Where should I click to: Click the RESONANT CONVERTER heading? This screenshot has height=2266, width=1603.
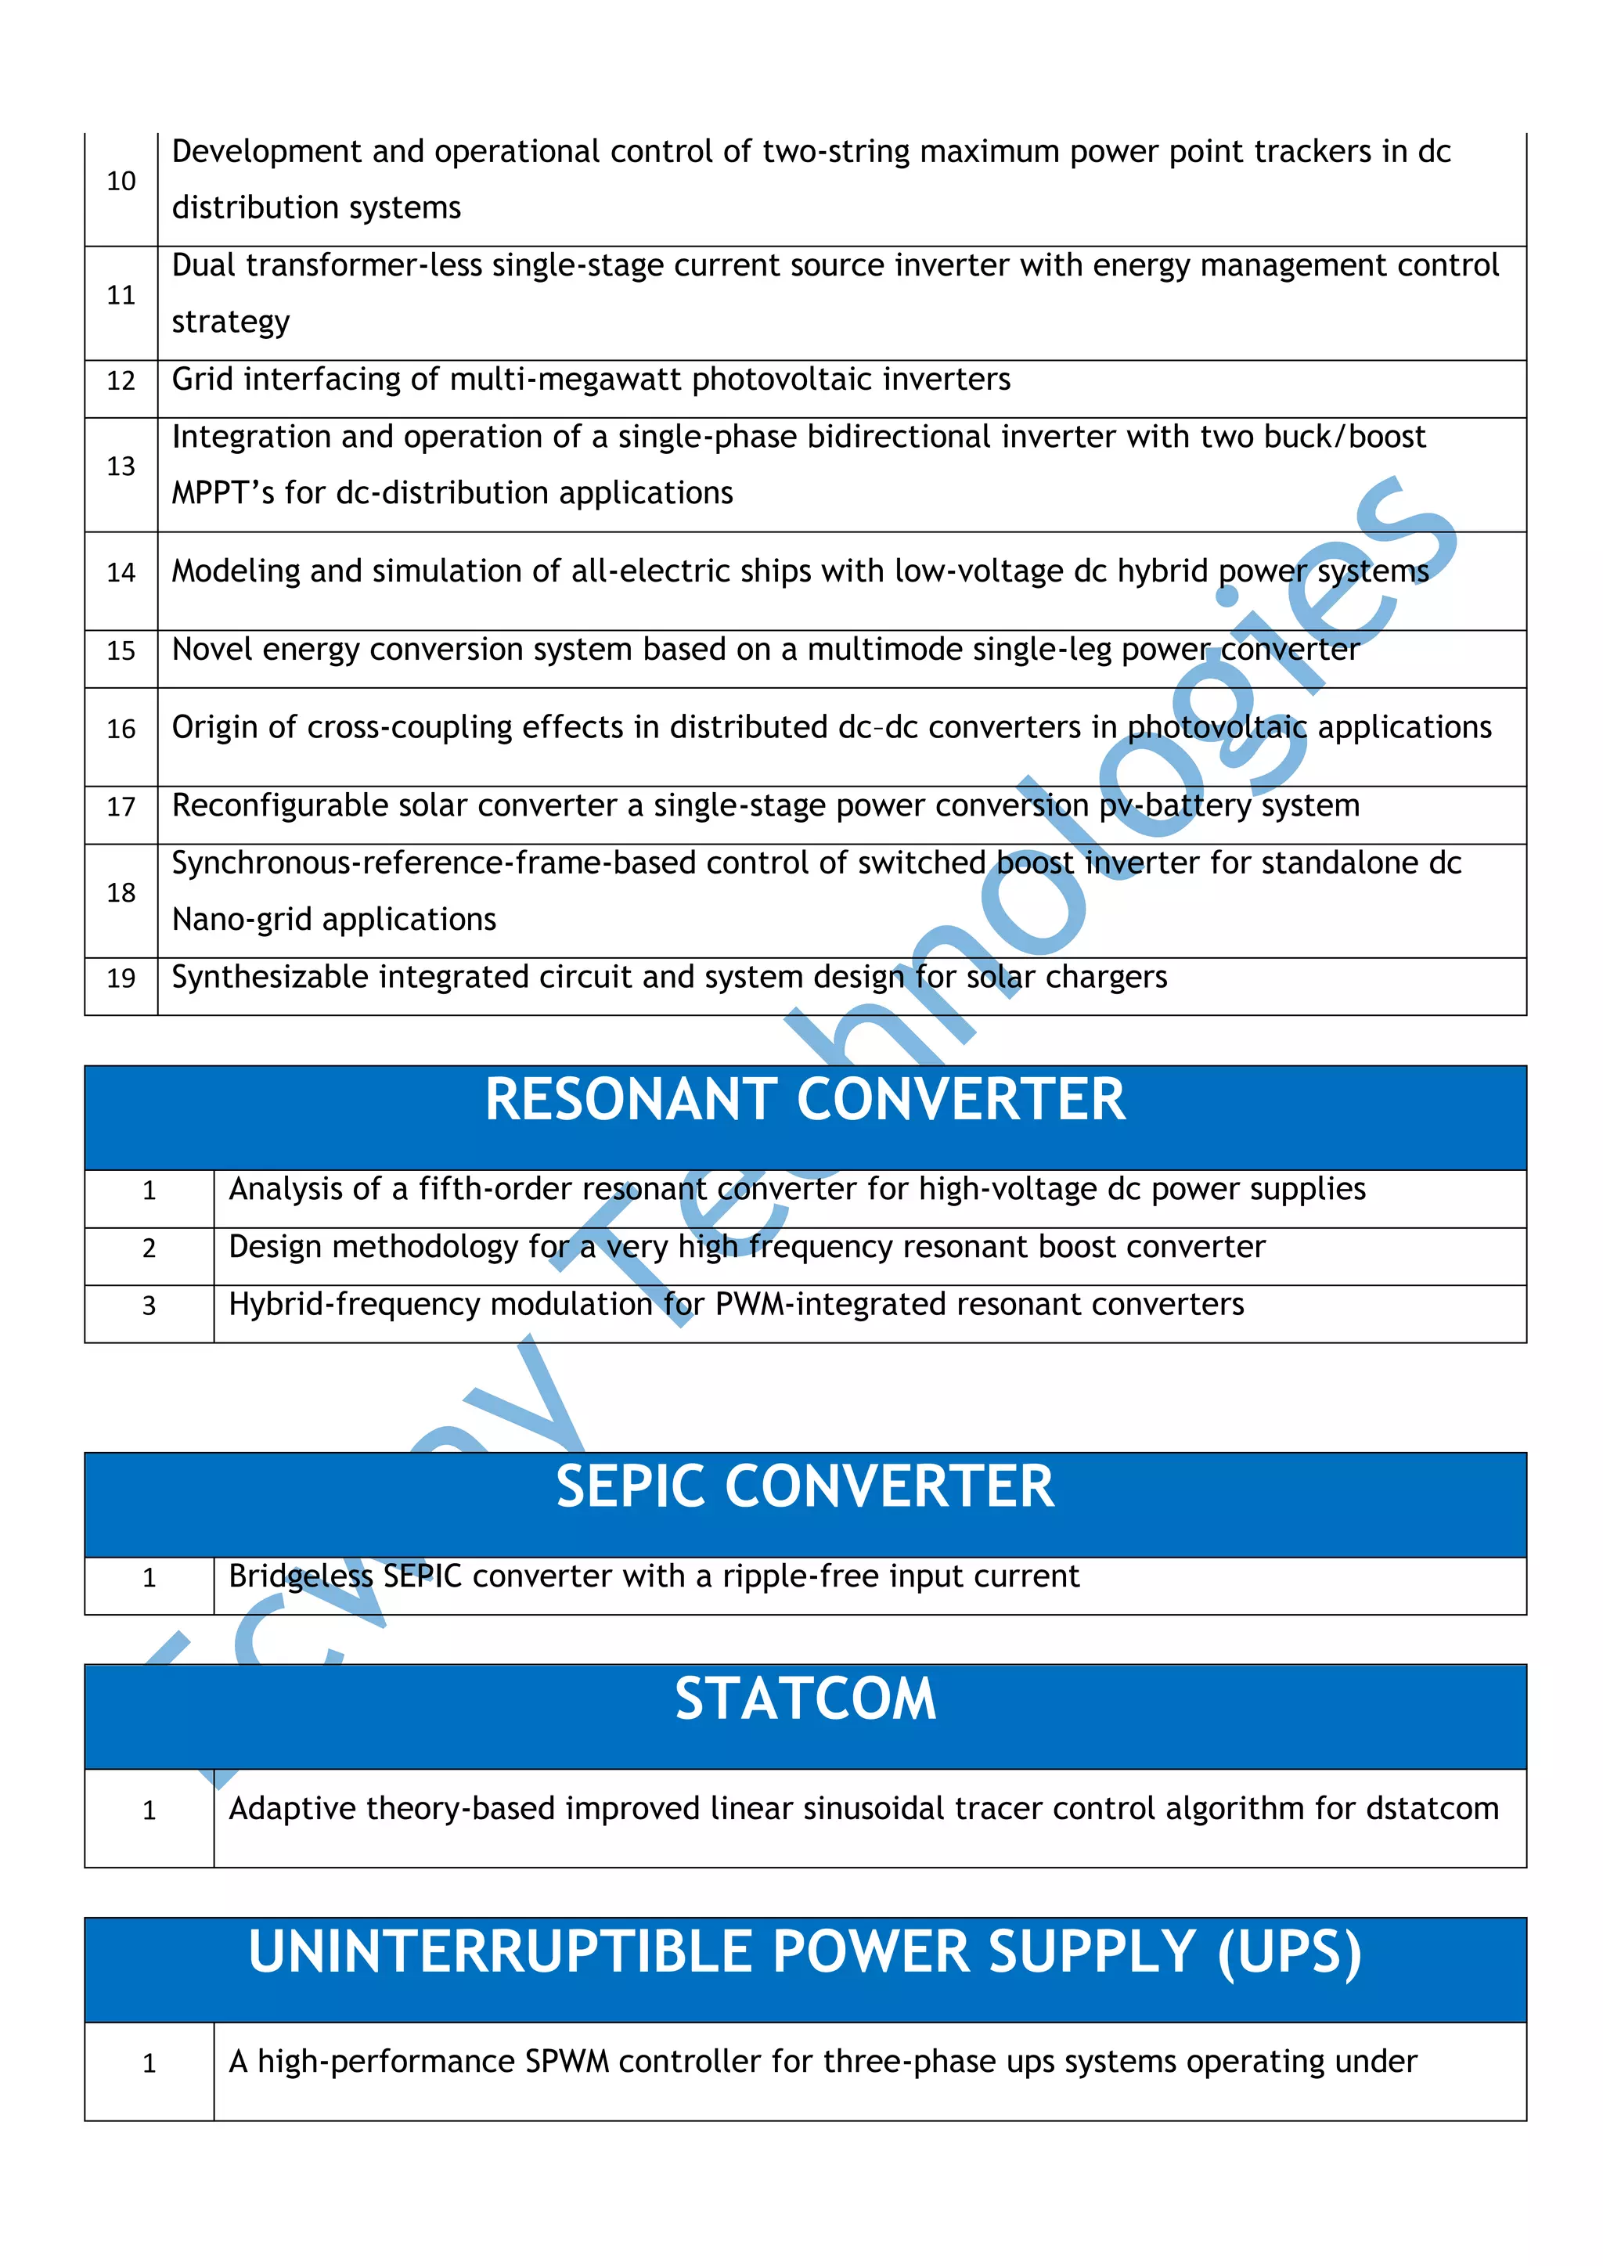tap(805, 1100)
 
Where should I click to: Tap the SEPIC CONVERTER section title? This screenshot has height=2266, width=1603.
tap(805, 1486)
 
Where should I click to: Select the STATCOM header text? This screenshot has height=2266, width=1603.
tap(805, 1699)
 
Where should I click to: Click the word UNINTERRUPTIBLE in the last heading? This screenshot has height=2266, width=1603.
tap(502, 1952)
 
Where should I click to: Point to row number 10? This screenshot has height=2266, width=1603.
tap(121, 182)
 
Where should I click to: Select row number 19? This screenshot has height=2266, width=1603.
tap(121, 978)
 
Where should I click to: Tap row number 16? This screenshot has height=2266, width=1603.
tap(121, 730)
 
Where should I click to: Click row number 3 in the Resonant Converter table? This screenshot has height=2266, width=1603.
tap(149, 1306)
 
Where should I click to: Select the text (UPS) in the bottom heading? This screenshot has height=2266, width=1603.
tap(1289, 1952)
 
